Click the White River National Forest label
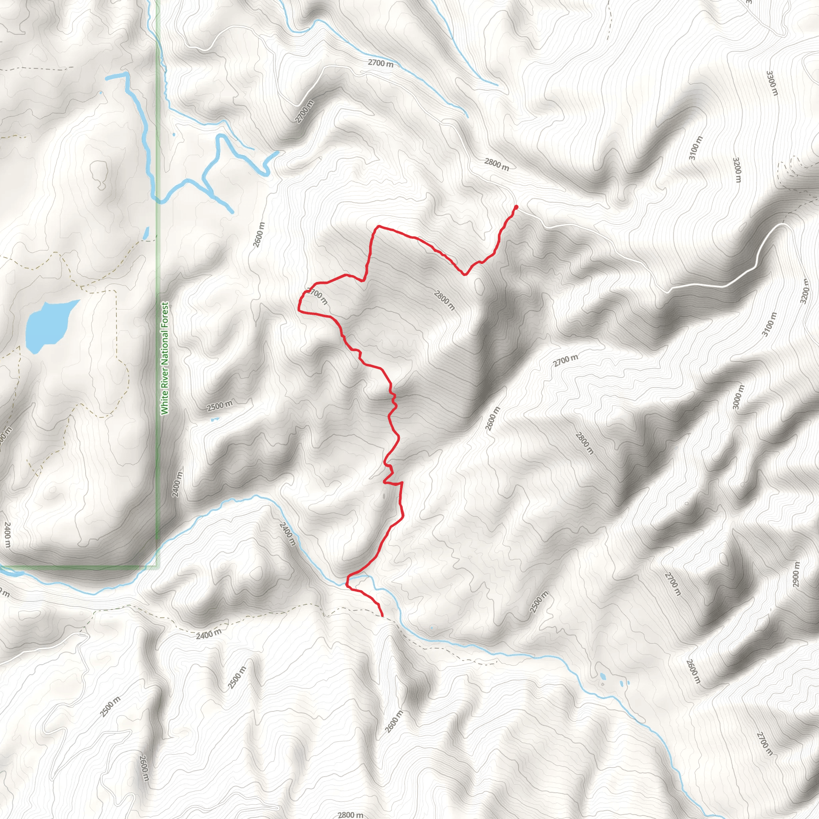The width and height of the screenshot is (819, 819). [x=164, y=358]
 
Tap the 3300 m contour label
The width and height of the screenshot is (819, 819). [x=772, y=83]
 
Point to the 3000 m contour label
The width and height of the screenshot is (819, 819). [x=738, y=397]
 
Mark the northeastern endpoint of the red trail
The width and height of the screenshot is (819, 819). [x=516, y=207]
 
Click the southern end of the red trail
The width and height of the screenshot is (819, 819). [x=382, y=615]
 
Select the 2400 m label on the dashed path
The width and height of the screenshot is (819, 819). [x=209, y=634]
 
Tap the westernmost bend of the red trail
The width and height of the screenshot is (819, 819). [x=299, y=305]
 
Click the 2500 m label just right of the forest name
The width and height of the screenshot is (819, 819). [x=220, y=405]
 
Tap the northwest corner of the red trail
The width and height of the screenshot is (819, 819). [x=377, y=227]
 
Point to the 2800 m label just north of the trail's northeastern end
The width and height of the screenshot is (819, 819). [x=496, y=164]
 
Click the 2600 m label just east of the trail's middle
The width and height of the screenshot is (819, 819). [x=493, y=418]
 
